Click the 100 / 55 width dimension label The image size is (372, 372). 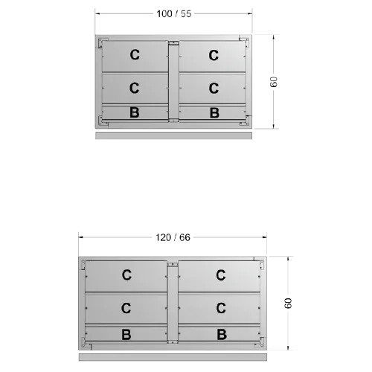point(174,14)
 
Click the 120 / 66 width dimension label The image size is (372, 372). point(173,237)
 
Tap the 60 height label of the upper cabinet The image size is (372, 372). point(273,82)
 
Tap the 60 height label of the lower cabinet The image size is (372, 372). point(288,303)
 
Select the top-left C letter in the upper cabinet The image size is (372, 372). point(135,55)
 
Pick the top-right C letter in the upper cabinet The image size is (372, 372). point(214,55)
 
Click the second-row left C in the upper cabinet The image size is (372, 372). point(134,88)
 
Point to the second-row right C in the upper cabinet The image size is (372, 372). point(214,88)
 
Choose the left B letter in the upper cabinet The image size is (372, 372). point(135,112)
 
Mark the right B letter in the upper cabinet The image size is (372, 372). point(214,113)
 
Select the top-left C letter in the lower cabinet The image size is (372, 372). point(126,275)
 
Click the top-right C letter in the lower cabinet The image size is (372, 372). point(221,275)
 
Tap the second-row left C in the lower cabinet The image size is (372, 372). point(126,308)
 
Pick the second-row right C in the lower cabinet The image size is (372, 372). point(221,308)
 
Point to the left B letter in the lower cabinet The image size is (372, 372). point(126,335)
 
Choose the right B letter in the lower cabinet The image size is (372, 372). point(222,334)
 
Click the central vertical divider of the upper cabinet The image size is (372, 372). point(173,82)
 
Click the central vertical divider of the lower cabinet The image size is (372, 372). point(173,303)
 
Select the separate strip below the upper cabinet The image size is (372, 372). point(173,135)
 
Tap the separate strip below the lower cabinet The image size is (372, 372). point(173,357)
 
